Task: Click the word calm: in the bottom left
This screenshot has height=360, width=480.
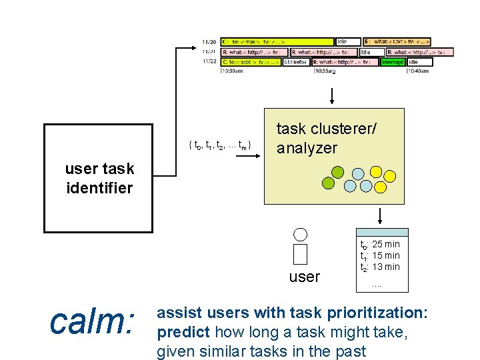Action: coord(93,323)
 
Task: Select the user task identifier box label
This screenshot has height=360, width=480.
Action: coord(99,178)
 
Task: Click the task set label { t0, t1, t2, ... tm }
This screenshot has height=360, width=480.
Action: coord(220,145)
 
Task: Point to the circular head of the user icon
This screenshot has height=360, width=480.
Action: coord(301,234)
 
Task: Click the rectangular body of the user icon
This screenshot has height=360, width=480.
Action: coord(301,254)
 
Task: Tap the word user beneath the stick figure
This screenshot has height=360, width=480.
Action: coord(305,277)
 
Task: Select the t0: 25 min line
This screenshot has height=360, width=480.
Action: coord(380,244)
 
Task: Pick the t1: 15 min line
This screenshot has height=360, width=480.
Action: coord(380,255)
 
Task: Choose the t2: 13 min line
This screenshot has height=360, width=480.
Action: coord(380,267)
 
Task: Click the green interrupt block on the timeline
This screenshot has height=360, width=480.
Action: coord(393,62)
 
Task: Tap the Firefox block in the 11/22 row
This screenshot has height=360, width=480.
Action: coord(296,62)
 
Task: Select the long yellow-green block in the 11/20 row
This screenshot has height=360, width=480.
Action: coord(277,41)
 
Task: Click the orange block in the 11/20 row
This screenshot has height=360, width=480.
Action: coord(397,41)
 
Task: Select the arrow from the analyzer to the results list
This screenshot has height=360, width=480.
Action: coord(379,215)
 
